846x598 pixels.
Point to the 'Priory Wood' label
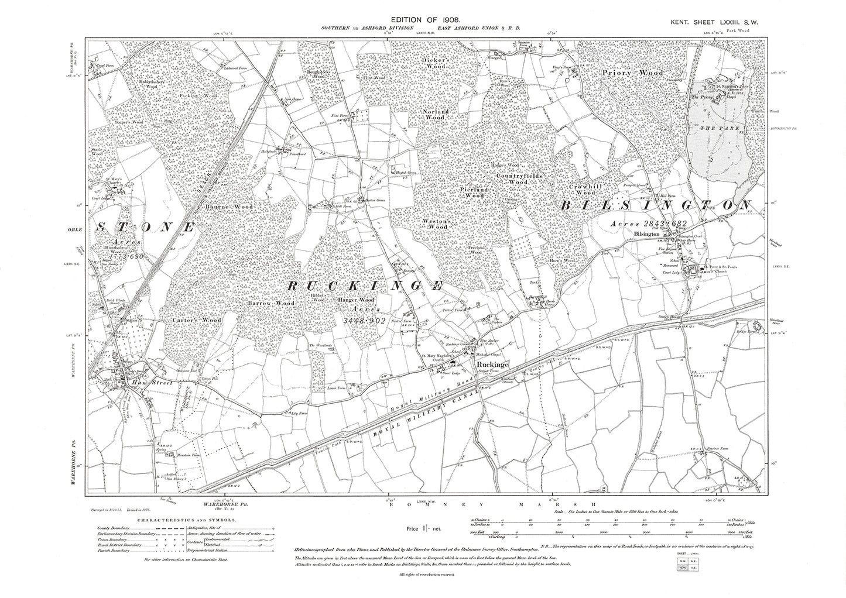(633, 73)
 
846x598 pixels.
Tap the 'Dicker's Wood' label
(436, 63)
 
